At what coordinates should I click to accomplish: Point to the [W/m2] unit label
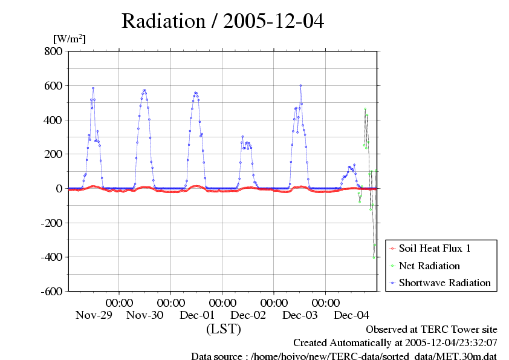coord(70,39)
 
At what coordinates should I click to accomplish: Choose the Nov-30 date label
coord(145,315)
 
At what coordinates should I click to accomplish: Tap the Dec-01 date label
coord(196,315)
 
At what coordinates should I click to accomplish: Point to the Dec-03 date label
coord(300,315)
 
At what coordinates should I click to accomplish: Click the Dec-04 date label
coord(352,315)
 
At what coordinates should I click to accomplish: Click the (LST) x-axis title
coord(224,330)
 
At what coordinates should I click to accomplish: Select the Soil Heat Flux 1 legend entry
coord(434,248)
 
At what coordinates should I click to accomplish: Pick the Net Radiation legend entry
coord(429,266)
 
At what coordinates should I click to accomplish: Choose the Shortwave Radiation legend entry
coord(444,283)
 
